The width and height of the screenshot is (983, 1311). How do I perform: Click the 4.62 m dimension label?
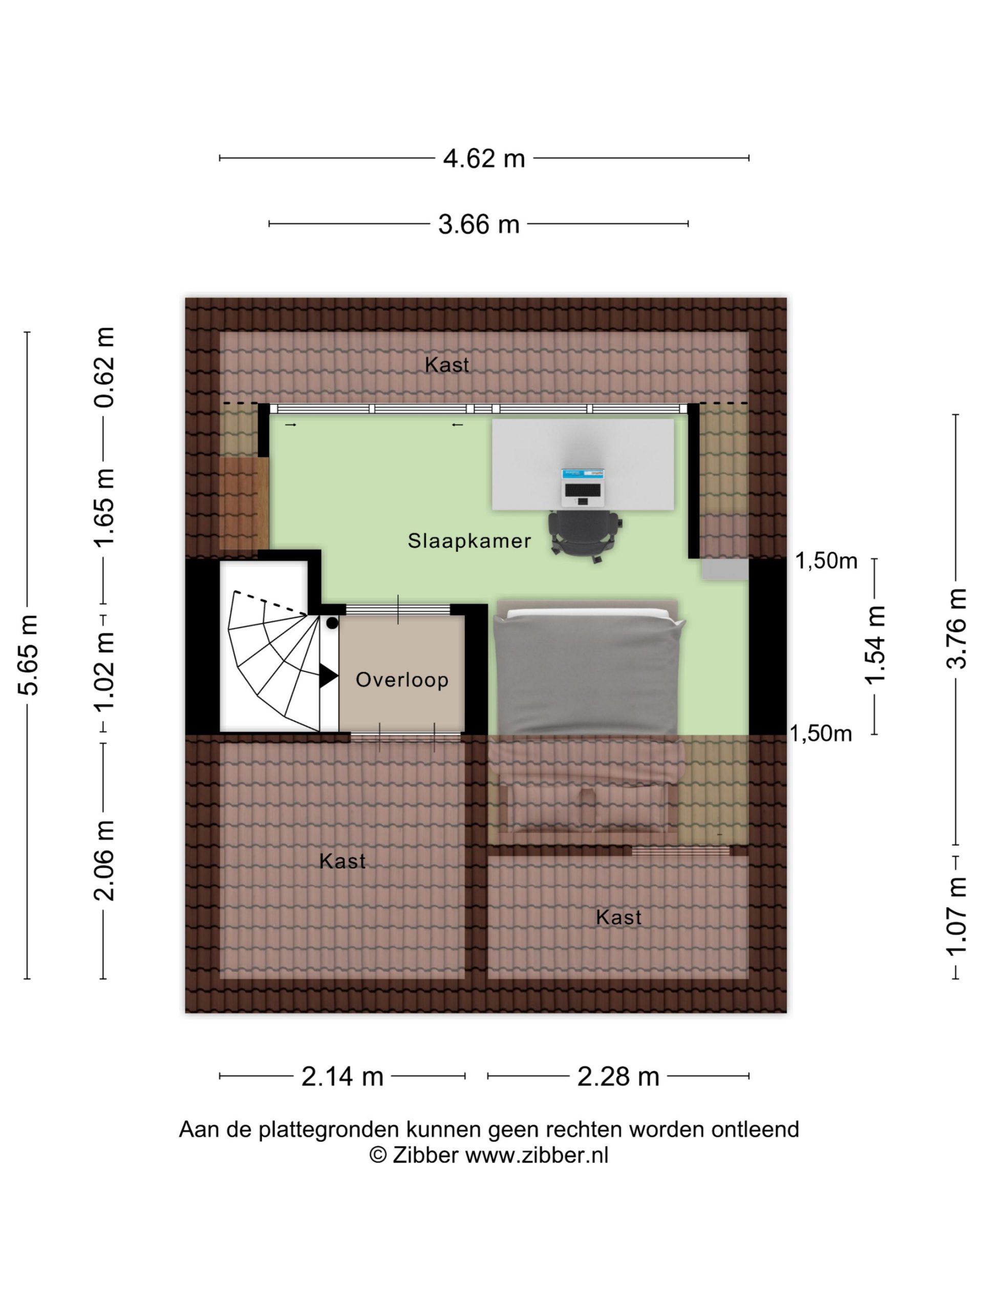[484, 158]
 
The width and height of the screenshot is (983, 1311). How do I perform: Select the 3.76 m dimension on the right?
[955, 628]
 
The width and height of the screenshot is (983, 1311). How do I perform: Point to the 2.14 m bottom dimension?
[343, 1076]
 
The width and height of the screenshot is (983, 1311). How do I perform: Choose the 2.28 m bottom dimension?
[618, 1076]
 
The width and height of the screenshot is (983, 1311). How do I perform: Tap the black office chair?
[585, 536]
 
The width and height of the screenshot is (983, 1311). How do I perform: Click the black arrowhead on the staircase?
[328, 675]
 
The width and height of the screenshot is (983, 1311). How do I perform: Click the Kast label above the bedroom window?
[447, 365]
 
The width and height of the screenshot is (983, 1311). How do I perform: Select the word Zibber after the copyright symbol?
[425, 1155]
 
